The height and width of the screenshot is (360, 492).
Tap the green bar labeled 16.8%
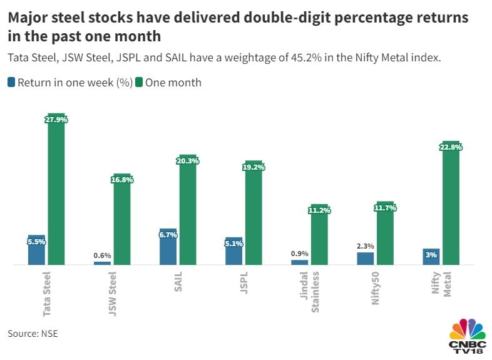(x=122, y=222)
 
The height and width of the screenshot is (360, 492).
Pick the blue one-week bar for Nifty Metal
(x=431, y=257)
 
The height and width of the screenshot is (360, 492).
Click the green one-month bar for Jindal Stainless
(x=319, y=238)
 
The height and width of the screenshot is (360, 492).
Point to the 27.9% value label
(x=56, y=120)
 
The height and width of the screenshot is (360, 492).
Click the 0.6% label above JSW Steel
(x=102, y=255)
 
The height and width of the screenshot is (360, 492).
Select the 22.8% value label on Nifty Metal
(x=451, y=148)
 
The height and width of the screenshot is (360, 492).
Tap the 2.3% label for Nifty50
(x=365, y=246)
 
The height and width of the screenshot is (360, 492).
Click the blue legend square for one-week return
(x=12, y=82)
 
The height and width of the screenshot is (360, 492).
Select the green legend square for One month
(x=140, y=82)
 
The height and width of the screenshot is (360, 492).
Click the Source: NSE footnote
(x=33, y=334)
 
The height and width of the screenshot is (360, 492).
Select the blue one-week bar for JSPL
(x=233, y=252)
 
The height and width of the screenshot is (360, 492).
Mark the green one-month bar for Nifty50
(x=385, y=235)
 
